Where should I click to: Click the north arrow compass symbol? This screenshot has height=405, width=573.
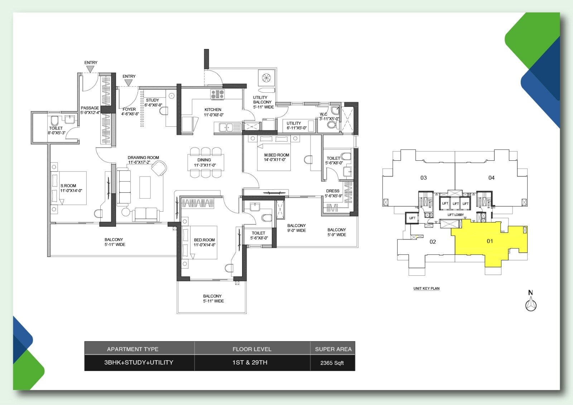tap(531, 305)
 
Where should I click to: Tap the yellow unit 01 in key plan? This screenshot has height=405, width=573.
tap(490, 241)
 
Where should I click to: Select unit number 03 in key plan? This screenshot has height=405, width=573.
tap(424, 178)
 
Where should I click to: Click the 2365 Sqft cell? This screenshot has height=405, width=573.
tap(332, 363)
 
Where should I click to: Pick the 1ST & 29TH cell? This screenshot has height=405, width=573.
tap(250, 362)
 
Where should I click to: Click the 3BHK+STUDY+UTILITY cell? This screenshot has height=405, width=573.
tap(139, 362)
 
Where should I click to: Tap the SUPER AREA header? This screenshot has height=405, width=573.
tap(333, 349)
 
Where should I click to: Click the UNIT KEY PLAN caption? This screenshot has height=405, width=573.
tap(426, 288)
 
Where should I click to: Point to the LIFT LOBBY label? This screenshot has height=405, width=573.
tap(456, 215)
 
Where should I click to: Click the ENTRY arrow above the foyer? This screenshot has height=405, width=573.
tap(129, 83)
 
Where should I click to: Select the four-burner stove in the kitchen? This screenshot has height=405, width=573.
tap(217, 94)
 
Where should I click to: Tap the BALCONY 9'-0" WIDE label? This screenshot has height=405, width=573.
tap(297, 228)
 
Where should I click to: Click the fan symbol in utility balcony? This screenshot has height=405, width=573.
tap(266, 78)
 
